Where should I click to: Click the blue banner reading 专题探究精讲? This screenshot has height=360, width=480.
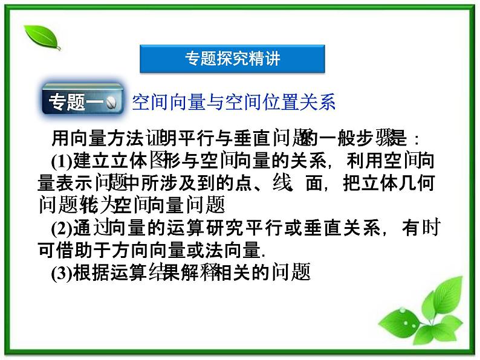coord(232,59)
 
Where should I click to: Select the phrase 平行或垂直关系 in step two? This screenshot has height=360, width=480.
coord(310,228)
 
